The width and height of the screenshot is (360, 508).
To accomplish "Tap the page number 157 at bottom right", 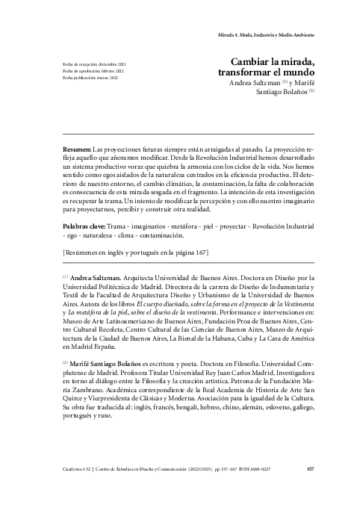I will tap(311, 469).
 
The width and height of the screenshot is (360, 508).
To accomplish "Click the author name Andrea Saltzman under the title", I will tap(258, 84).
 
